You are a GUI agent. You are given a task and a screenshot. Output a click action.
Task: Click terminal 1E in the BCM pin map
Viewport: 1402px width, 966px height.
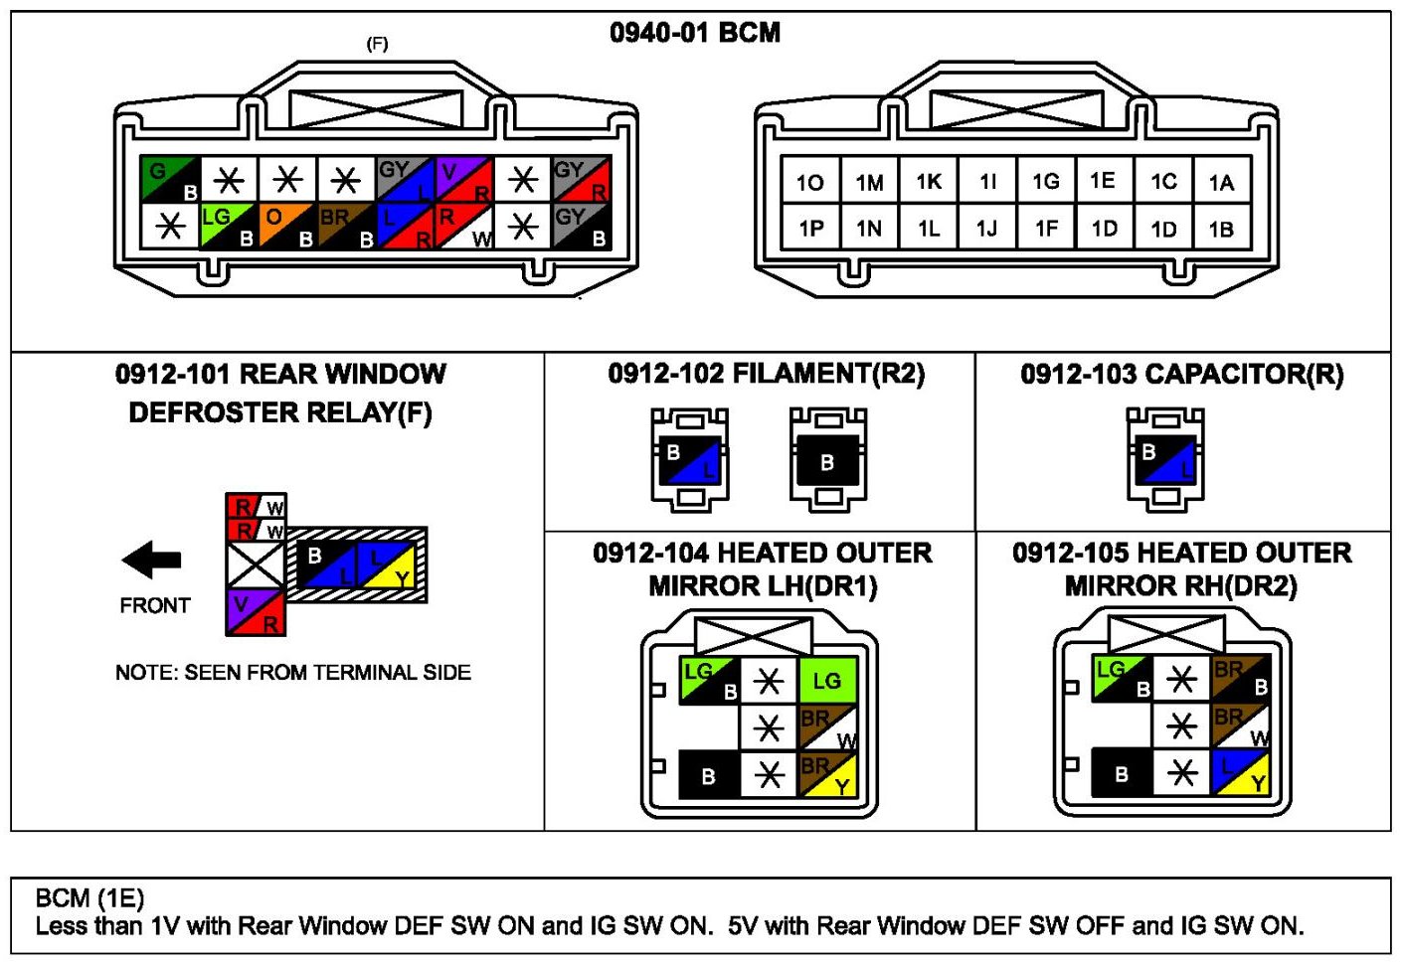point(1103,181)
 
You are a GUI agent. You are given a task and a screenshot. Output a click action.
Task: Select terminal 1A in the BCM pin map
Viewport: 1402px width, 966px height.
point(1221,182)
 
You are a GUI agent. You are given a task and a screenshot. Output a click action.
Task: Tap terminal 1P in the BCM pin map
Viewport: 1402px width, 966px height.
point(810,229)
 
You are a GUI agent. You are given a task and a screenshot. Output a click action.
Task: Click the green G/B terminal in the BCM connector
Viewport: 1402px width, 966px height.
point(170,179)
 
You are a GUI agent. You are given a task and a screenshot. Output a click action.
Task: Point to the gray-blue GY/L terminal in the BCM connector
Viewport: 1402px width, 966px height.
point(406,179)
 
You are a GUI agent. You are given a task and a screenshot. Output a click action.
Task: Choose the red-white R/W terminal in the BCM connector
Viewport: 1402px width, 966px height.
point(464,226)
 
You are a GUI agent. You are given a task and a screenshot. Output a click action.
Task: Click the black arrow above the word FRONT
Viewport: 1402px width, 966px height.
point(151,560)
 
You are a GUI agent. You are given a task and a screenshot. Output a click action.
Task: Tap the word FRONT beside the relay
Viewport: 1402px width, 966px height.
point(154,605)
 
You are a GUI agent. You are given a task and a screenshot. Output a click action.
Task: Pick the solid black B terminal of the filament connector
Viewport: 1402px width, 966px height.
point(827,462)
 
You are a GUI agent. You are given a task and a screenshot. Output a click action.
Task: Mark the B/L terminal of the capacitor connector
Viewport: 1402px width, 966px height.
point(1165,460)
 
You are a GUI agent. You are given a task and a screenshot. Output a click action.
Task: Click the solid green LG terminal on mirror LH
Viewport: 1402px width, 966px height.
point(827,681)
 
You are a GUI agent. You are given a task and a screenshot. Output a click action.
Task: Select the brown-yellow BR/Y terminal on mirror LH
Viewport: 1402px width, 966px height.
point(827,775)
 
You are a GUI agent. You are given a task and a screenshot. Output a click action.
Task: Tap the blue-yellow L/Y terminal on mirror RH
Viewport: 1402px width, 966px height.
point(1241,773)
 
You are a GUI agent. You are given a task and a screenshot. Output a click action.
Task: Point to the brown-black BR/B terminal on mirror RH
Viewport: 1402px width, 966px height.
point(1241,678)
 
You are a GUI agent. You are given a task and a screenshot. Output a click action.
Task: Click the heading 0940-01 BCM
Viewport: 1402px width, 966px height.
point(695,33)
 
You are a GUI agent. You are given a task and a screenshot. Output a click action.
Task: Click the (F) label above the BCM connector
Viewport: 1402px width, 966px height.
point(378,44)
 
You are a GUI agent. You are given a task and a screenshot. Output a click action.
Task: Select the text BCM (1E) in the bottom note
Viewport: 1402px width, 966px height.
point(89,898)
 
